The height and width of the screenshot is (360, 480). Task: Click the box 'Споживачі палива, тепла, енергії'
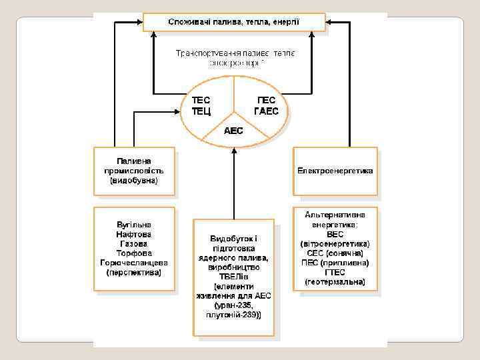234,22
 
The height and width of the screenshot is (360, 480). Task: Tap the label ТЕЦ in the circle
201,111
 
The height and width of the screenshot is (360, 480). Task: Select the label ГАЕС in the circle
267,111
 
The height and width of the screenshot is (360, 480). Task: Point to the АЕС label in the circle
233,131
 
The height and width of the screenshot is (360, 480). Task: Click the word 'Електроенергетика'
335,171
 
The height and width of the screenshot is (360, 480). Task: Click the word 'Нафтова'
134,234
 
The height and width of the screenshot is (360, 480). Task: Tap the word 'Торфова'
134,253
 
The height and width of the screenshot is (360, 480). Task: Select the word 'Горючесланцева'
134,263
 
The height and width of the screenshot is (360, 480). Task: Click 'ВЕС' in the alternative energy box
335,235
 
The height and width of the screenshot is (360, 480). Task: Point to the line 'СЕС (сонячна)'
335,253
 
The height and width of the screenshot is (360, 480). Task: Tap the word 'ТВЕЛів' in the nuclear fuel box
233,276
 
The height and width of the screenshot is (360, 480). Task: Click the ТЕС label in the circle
201,101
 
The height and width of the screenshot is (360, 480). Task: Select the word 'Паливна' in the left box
134,161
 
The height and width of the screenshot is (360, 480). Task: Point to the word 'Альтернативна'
335,215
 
